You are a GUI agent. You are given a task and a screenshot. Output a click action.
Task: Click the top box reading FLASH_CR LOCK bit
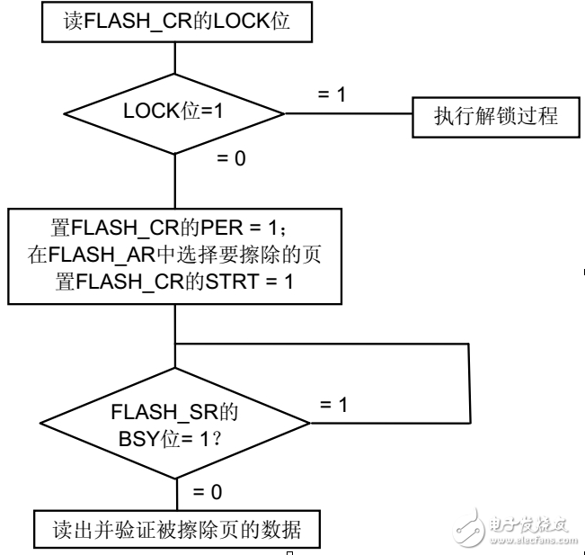(x=177, y=22)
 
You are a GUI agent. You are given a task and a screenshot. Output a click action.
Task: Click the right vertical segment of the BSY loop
(x=470, y=382)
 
